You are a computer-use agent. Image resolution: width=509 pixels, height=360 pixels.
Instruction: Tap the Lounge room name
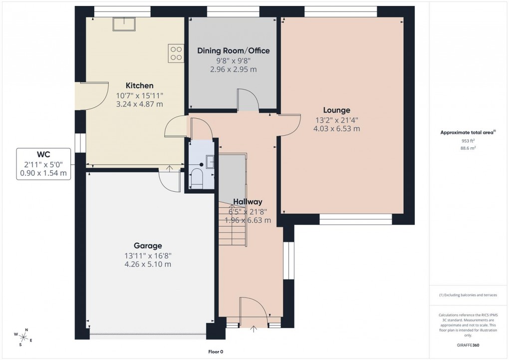(x=336, y=110)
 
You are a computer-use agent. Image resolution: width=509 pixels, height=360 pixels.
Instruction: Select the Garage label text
(x=148, y=246)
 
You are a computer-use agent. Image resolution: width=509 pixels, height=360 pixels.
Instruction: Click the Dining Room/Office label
(x=233, y=50)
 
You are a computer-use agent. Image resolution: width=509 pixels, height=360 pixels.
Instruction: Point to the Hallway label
(x=248, y=202)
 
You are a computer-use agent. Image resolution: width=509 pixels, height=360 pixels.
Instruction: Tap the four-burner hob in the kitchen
(x=176, y=53)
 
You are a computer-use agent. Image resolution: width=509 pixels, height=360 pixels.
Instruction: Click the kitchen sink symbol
(x=122, y=24)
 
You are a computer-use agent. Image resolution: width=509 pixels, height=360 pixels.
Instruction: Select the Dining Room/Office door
(x=248, y=100)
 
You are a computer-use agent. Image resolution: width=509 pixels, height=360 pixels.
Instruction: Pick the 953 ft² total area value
(x=468, y=141)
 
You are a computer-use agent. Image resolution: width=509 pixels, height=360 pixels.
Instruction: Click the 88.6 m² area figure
(x=468, y=148)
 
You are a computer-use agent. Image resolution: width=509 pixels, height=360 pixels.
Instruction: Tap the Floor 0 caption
(x=216, y=352)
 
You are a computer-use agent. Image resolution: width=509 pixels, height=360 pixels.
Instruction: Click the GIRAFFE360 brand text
(x=468, y=345)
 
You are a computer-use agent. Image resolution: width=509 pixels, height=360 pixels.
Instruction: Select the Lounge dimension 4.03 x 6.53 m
(x=336, y=128)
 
